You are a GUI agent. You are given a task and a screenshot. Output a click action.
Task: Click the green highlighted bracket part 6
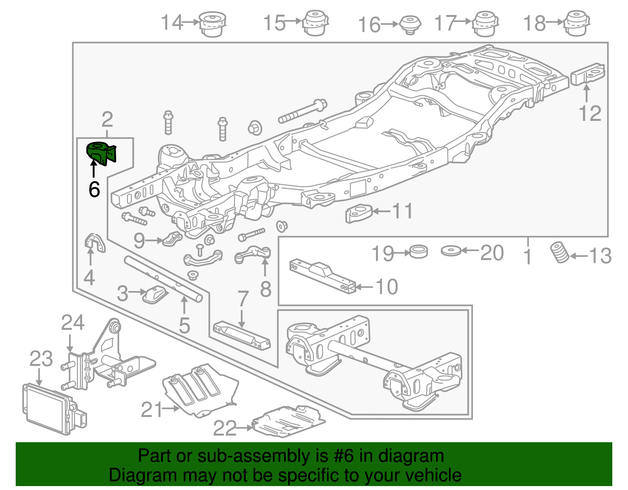point(100,153)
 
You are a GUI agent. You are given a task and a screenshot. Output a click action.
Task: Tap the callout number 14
point(172,22)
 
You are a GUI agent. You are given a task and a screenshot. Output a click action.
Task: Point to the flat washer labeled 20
point(451,250)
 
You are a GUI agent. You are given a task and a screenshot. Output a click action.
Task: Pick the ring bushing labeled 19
point(418,251)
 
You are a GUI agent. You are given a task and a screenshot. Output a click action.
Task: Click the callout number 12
point(590,114)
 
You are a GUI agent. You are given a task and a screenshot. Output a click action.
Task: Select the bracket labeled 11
point(358,213)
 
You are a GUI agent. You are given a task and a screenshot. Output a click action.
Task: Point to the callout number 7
point(243,299)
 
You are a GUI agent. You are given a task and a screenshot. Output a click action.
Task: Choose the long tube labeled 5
point(163,279)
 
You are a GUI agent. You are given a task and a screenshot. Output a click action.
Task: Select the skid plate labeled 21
point(200,391)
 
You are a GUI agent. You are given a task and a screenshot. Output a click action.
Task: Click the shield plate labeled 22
point(288,422)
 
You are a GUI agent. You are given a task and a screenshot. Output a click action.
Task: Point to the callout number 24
point(73,323)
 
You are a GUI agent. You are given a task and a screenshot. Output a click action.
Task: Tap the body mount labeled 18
point(577,23)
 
